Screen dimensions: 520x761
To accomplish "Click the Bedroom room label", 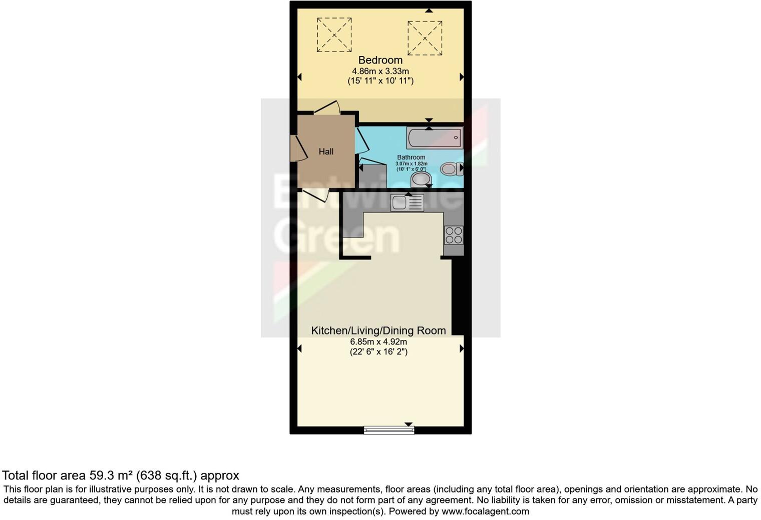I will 380,60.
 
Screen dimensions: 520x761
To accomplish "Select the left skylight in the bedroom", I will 334,34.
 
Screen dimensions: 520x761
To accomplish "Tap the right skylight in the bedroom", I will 425,38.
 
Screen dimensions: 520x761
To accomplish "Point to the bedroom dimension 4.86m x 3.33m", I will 380,71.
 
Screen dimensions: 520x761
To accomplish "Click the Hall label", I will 326,151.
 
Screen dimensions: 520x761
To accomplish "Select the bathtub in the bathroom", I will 435,137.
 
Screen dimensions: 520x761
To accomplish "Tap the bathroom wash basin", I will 421,178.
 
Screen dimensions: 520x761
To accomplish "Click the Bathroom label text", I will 411,157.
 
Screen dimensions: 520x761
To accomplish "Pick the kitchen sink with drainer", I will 407,202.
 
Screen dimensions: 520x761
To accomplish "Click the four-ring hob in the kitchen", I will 454,235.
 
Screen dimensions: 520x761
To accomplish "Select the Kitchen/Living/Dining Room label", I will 378,330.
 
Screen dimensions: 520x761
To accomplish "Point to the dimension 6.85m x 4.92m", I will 378,341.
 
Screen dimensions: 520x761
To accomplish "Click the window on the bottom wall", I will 389,429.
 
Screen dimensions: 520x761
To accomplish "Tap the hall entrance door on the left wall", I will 297,148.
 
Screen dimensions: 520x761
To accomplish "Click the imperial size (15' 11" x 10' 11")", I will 380,81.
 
